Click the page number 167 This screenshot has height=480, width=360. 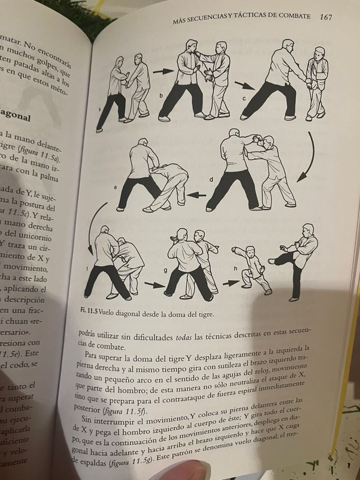tap(325, 17)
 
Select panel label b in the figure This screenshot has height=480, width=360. tap(161, 96)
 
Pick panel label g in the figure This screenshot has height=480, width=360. tap(165, 271)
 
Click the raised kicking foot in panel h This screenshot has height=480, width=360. tap(272, 261)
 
